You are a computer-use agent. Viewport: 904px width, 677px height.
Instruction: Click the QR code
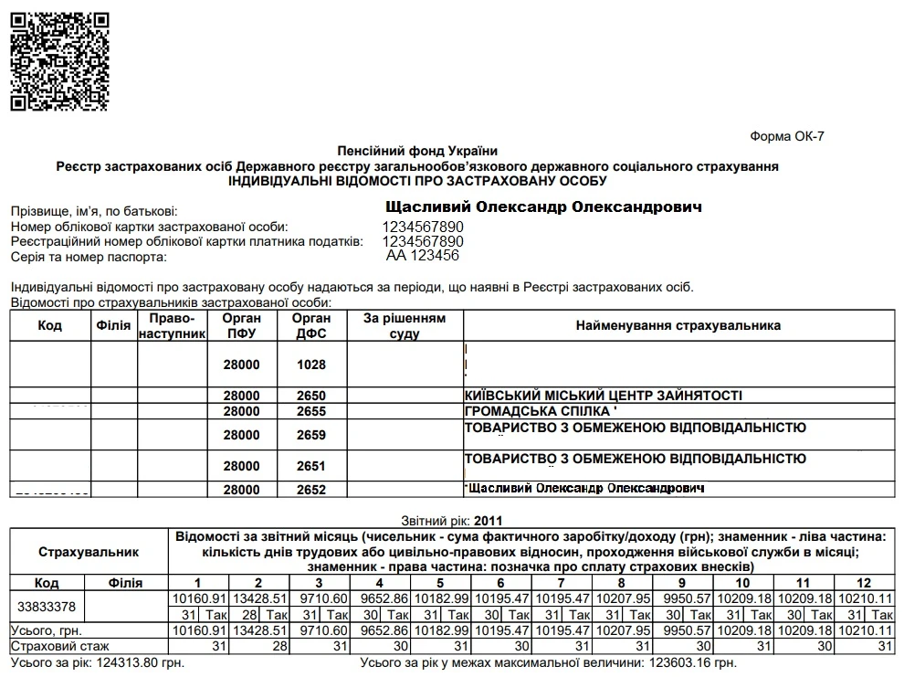60,60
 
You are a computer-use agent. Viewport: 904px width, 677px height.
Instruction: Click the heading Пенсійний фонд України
417,151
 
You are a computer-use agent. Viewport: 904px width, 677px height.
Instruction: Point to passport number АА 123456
423,257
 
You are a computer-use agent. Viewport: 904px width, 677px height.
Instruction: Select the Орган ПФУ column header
241,326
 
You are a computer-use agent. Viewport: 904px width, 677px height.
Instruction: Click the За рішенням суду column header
405,326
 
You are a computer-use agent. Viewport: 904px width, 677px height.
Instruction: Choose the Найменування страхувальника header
678,326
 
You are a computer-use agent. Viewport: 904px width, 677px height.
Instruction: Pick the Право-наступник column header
172,326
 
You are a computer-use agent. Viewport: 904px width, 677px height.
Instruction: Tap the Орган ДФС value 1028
310,365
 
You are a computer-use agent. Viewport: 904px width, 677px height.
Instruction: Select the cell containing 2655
310,411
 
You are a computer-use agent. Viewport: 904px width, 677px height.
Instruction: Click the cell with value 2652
310,490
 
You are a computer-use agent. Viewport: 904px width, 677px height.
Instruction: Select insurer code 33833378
46,606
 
